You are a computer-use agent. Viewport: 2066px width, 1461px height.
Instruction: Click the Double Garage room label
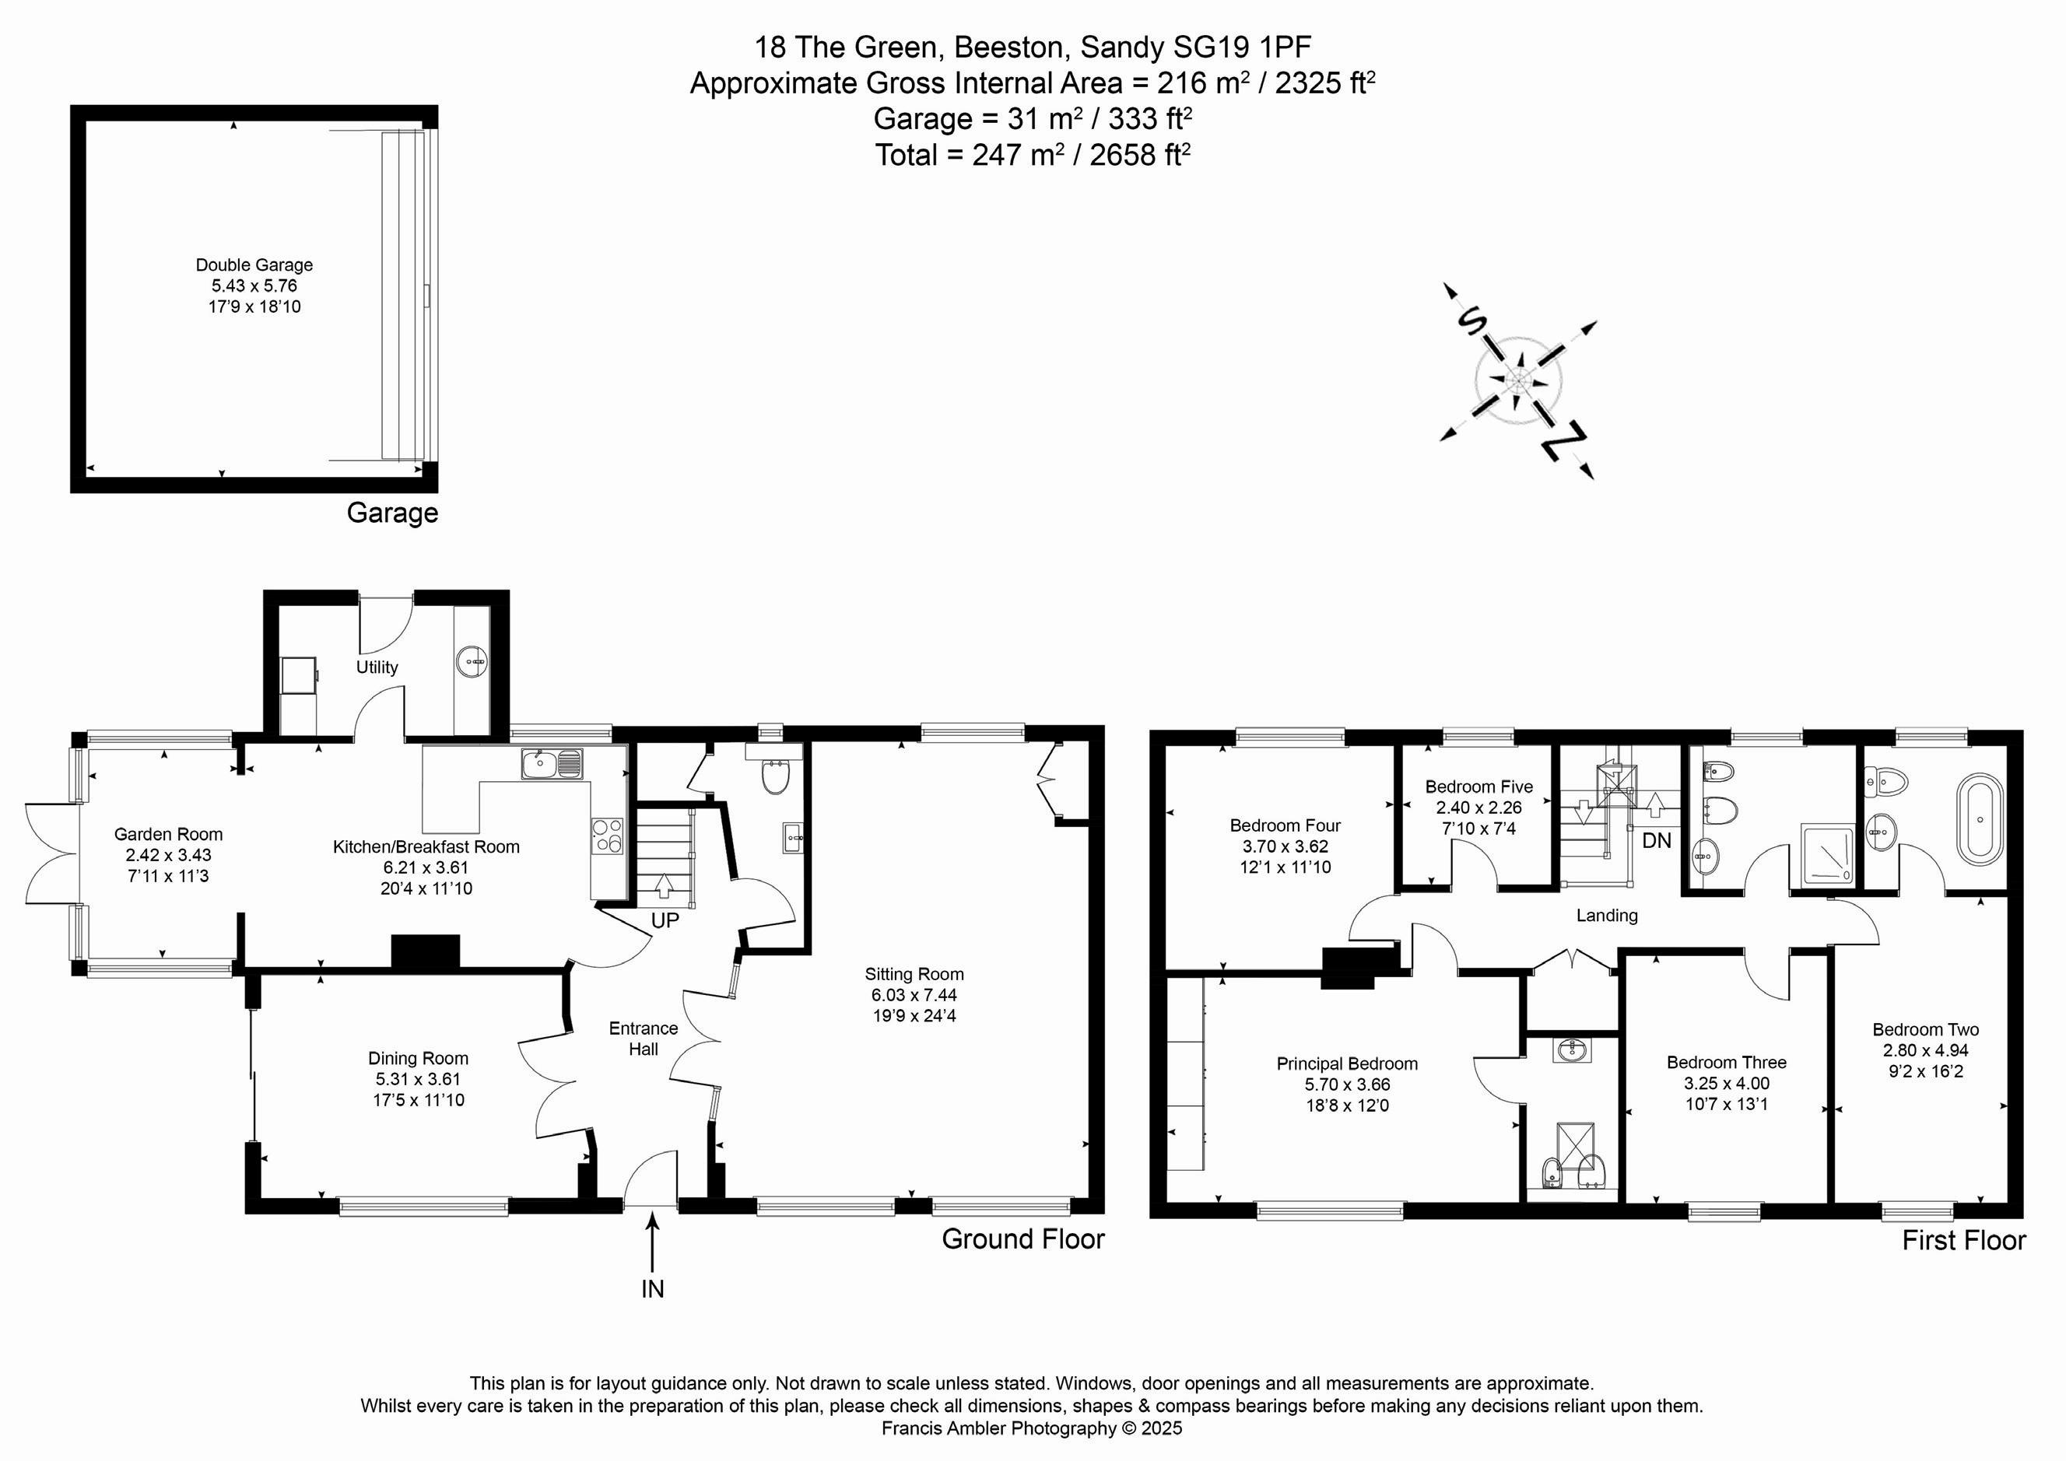(254, 265)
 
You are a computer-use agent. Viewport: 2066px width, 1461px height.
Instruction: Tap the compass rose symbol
(1518, 381)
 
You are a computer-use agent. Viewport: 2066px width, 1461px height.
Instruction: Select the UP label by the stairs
(665, 920)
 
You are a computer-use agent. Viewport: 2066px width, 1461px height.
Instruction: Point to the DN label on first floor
(1657, 840)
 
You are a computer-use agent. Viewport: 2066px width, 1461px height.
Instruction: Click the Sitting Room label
(914, 973)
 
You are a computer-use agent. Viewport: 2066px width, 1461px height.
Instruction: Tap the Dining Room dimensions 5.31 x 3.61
(418, 1079)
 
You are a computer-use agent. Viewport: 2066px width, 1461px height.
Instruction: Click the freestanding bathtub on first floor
(1980, 821)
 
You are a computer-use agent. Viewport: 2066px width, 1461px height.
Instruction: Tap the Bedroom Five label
(1478, 787)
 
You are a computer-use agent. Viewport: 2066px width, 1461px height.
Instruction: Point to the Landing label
(1606, 916)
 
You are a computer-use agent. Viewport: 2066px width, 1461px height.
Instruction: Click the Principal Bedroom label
(1346, 1063)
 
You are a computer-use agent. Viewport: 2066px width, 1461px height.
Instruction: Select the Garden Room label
(168, 834)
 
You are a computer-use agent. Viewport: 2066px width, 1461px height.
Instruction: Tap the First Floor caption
(1963, 1241)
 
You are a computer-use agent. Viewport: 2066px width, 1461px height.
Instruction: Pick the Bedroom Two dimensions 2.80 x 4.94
(1926, 1050)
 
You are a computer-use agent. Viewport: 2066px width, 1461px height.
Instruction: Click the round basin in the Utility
(472, 663)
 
